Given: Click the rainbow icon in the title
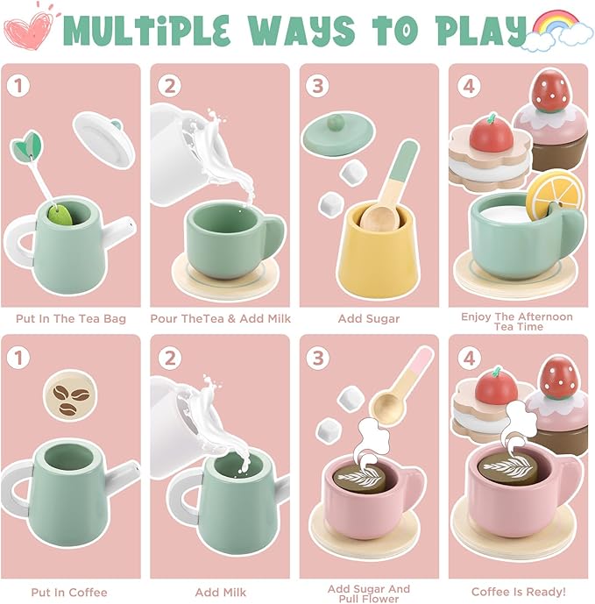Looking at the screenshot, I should [549, 25].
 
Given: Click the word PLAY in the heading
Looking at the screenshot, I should [478, 30].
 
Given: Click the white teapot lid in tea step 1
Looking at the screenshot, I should [104, 139].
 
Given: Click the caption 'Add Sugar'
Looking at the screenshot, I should [368, 318].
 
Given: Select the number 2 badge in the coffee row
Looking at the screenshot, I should [170, 357].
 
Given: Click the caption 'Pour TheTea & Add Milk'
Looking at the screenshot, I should [220, 318].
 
